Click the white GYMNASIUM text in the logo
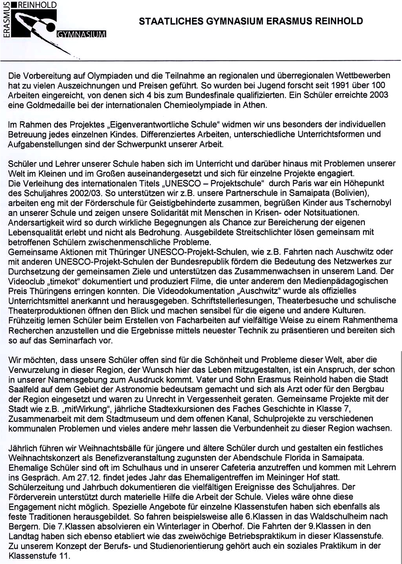click(81, 34)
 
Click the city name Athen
click(255, 105)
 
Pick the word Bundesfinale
click(204, 95)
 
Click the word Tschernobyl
click(367, 203)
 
